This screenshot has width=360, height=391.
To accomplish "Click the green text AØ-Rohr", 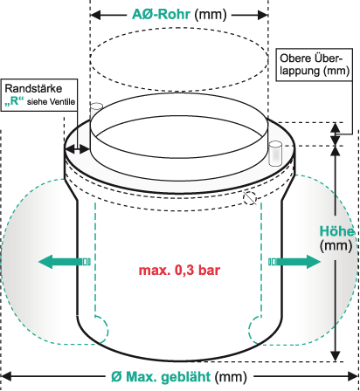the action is pos(161,14).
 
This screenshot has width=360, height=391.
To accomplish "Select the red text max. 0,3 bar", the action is pos(179,271).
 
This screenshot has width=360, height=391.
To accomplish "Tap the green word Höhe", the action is pos(337,231).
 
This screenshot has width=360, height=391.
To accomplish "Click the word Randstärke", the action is pos(33,88).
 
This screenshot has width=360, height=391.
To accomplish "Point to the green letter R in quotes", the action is pos(14,101).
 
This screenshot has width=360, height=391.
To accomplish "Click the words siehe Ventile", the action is pos(51,102).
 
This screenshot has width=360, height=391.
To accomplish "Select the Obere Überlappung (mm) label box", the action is pos(315,65).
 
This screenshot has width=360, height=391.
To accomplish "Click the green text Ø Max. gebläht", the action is pos(161,377).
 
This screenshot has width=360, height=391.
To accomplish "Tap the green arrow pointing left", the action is pos(65,262).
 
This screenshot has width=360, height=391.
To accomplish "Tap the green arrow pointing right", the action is pos(294,262).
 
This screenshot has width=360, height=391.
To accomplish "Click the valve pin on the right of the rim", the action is pos(275,154).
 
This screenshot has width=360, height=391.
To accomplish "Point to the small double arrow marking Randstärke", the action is pos(77,149).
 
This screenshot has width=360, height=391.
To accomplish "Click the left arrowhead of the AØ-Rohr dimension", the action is pos(95,15).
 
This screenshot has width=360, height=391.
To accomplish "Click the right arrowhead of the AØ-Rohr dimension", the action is pos(263,15).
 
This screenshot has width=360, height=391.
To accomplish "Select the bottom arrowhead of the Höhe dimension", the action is pos(336,356).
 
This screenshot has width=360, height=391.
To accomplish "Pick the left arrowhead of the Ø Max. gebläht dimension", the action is pos(6,376).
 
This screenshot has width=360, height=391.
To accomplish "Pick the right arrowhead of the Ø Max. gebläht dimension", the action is pos(353,376).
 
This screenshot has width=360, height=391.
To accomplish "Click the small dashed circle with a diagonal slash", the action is pos(250,198).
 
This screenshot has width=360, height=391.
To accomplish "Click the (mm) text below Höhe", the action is pos(336,245).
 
